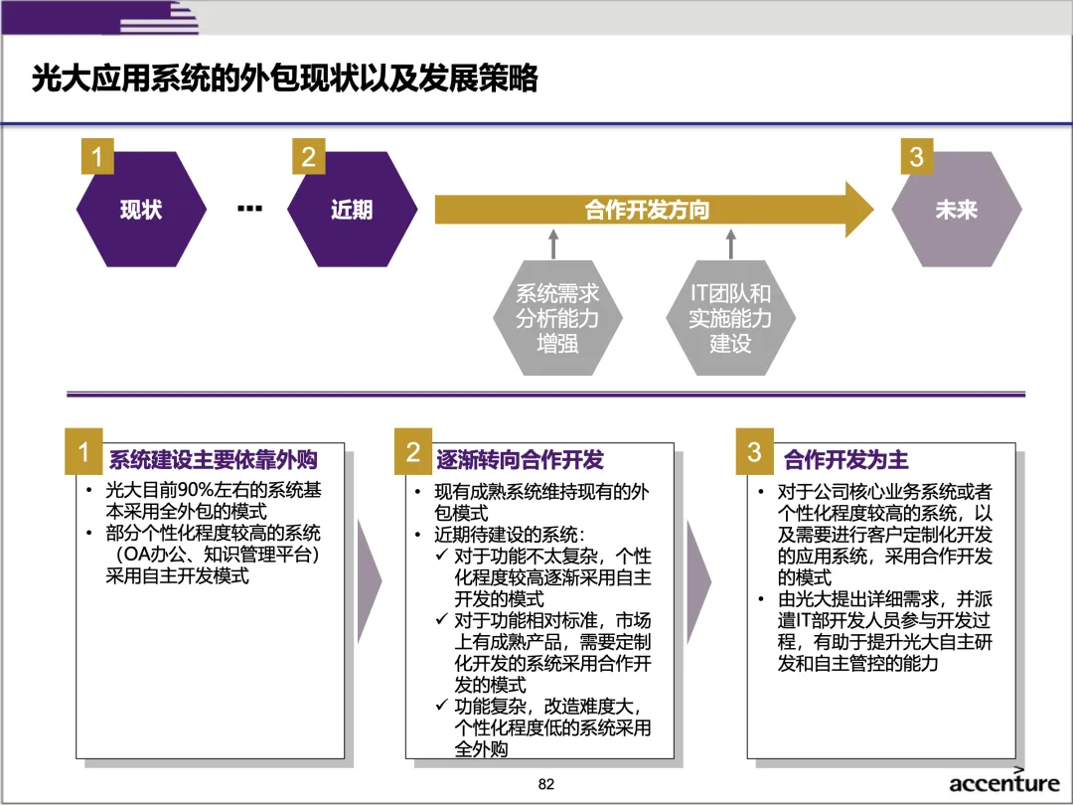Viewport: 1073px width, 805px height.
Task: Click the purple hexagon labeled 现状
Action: click(141, 210)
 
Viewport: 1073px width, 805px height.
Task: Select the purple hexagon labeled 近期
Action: click(352, 210)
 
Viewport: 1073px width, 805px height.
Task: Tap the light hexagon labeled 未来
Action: click(956, 210)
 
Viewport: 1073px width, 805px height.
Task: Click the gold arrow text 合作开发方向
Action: click(647, 210)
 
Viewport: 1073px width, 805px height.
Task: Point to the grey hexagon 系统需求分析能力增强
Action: click(557, 319)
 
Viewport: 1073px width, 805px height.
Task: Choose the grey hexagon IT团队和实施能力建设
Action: click(730, 319)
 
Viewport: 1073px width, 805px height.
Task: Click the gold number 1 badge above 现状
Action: click(96, 157)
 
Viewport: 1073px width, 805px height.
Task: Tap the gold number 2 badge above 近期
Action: click(309, 157)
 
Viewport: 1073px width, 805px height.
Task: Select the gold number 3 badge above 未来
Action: click(916, 157)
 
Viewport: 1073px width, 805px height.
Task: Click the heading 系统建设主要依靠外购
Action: click(213, 460)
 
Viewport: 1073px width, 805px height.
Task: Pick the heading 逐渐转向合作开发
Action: click(520, 460)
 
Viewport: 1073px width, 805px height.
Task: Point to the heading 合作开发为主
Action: click(845, 460)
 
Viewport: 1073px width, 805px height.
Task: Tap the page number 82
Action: click(545, 784)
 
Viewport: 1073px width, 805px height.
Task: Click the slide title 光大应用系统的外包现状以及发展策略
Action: click(284, 79)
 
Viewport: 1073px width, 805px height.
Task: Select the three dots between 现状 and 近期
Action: click(249, 209)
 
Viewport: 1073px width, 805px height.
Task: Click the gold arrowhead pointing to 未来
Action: click(857, 210)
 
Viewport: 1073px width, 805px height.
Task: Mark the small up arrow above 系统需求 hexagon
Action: click(554, 244)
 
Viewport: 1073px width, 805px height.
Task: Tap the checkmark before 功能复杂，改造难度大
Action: click(441, 707)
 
